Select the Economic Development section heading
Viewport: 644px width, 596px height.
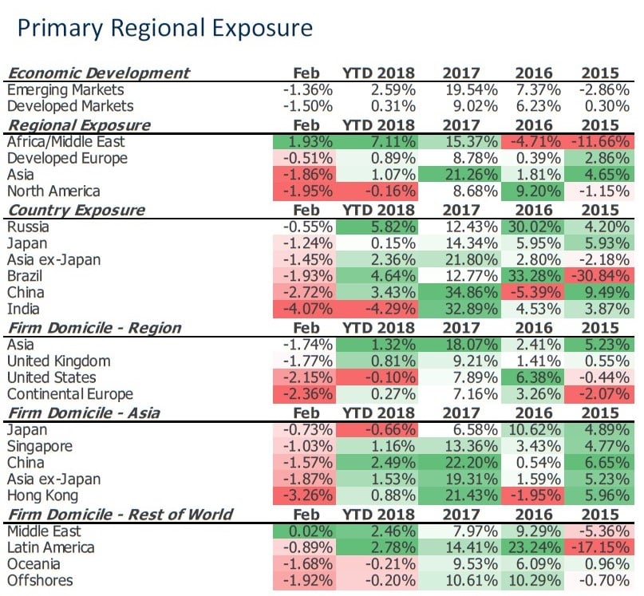98,73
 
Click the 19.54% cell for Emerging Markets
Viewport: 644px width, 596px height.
470,90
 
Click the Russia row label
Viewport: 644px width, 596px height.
29,227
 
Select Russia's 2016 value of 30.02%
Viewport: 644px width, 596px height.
540,227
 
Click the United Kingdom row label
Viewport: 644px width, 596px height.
58,361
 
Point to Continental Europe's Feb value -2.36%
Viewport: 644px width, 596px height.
308,395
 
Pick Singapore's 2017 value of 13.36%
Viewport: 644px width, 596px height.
470,447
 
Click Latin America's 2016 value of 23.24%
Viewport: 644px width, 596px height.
540,547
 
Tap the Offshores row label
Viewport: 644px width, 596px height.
40,581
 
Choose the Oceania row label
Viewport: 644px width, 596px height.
35,564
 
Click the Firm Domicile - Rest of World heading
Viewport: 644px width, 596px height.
120,514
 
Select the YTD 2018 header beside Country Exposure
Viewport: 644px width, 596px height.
379,211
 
